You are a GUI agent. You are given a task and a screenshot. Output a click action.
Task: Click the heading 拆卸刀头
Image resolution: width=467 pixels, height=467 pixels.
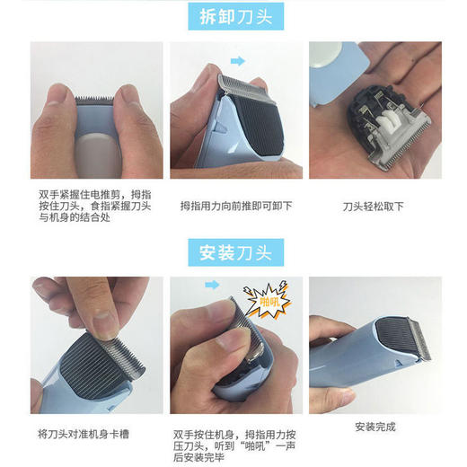pyautogui.click(x=233, y=16)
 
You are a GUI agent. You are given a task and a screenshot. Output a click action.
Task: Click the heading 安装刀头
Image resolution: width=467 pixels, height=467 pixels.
pyautogui.click(x=233, y=251)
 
